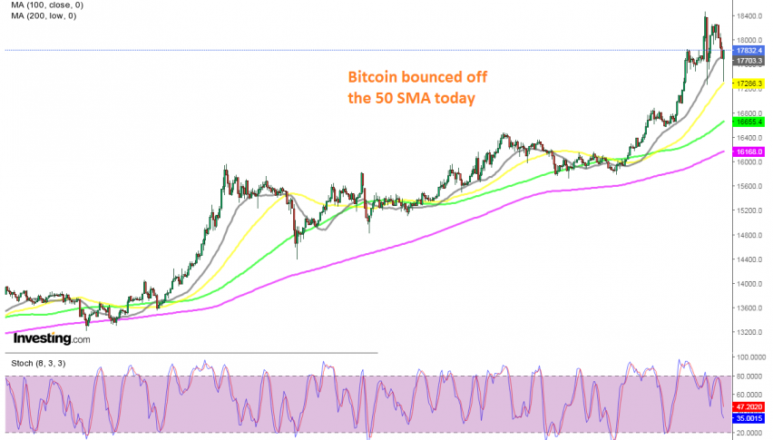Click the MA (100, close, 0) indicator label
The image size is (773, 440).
[44, 5]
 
